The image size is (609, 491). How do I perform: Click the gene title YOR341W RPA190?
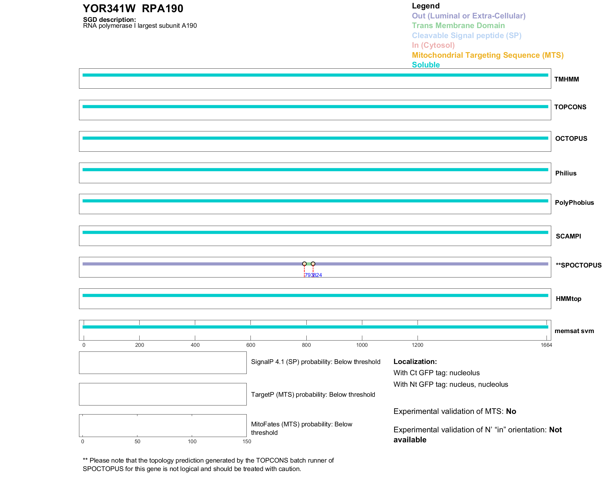(133, 9)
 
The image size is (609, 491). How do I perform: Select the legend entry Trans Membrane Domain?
(458, 26)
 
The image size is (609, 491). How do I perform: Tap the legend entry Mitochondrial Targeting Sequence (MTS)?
(488, 55)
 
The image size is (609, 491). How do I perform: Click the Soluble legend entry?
(426, 65)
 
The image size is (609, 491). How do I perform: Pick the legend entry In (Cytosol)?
(433, 45)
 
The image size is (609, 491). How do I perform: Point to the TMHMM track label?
(567, 79)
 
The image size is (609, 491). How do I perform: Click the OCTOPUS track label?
(571, 139)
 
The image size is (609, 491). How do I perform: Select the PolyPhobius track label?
(574, 203)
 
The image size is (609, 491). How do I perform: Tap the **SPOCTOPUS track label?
(579, 265)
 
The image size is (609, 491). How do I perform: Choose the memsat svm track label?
(574, 331)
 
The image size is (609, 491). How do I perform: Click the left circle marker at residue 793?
(304, 264)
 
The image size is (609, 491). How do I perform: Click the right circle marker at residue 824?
(313, 264)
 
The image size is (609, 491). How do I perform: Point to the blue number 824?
(318, 275)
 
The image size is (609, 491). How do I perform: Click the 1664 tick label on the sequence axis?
(546, 345)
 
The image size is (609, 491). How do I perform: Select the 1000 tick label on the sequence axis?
(362, 345)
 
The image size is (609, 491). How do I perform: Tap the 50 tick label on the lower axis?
(137, 441)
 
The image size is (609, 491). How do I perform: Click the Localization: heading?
(415, 361)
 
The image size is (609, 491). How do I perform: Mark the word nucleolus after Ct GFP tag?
(465, 373)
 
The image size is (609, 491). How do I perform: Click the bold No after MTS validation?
(511, 411)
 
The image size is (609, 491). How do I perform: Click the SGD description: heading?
(109, 20)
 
